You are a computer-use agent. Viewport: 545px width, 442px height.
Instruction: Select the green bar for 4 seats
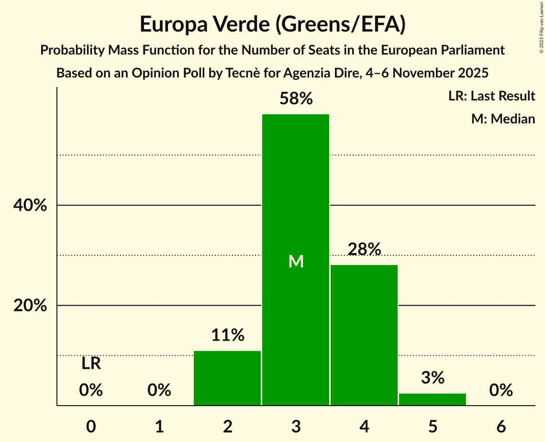[364, 335]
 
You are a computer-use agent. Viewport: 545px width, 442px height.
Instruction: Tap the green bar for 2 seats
[227, 378]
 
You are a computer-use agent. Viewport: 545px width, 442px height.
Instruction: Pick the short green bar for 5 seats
[433, 399]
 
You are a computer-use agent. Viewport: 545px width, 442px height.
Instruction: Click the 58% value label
[296, 99]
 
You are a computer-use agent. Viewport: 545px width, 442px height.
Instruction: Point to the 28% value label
[365, 249]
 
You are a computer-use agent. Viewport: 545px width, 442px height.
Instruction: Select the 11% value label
[228, 335]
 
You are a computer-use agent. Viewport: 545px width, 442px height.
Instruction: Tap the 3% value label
[433, 378]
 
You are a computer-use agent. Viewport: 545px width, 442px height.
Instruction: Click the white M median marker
[296, 261]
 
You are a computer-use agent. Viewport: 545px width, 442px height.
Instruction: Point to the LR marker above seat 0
[91, 364]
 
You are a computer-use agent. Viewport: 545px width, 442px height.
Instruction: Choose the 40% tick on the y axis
[30, 206]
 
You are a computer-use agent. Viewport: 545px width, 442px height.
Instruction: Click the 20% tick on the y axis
[30, 306]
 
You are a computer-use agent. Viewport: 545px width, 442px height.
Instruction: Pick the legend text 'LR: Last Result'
[491, 96]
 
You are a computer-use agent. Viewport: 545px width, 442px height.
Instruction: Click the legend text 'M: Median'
[503, 119]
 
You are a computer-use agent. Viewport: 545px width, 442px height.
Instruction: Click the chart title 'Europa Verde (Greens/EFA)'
[273, 24]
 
